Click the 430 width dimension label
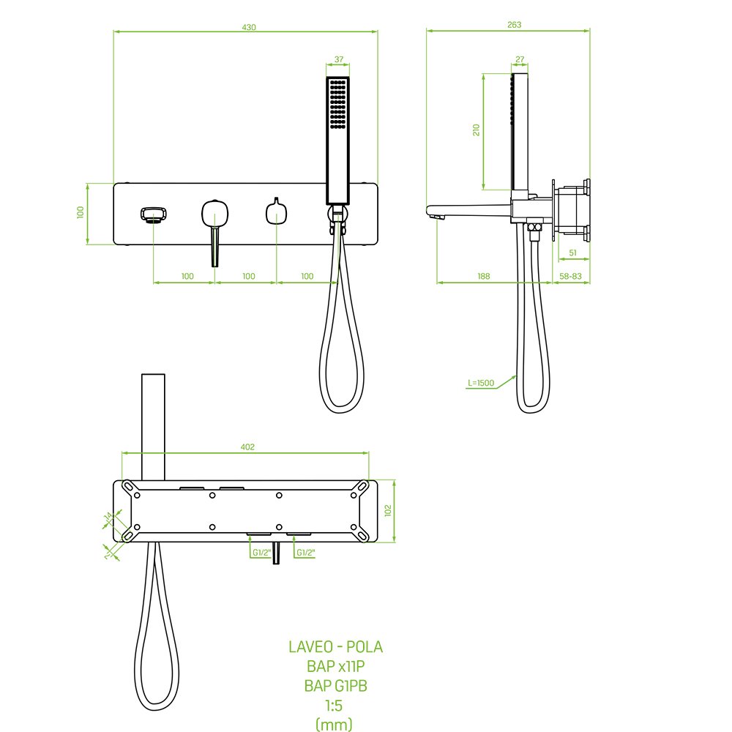coord(249,27)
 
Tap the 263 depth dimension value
coord(514,25)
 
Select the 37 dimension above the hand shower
coord(339,59)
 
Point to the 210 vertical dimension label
coord(477,130)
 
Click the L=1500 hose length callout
coord(481,383)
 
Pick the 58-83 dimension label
coord(570,276)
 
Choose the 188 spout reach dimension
coord(484,276)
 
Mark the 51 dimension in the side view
coord(573,253)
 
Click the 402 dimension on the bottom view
coord(247,447)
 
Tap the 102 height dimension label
coord(388,510)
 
